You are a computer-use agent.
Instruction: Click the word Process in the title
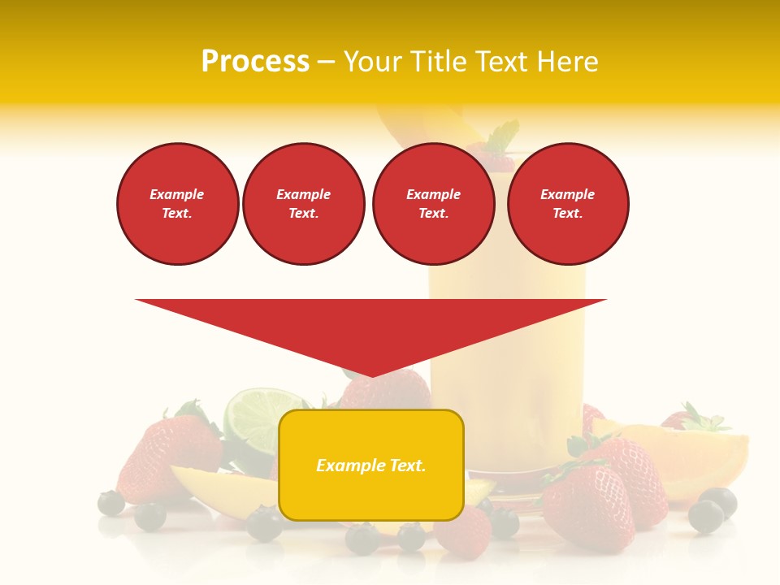255,62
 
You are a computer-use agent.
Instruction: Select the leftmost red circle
177,204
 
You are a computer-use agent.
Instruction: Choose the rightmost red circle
567,204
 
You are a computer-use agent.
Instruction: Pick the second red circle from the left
303,204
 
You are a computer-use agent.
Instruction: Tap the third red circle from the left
433,204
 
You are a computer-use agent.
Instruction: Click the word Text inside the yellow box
408,466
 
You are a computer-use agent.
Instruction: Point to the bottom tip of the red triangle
371,375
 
